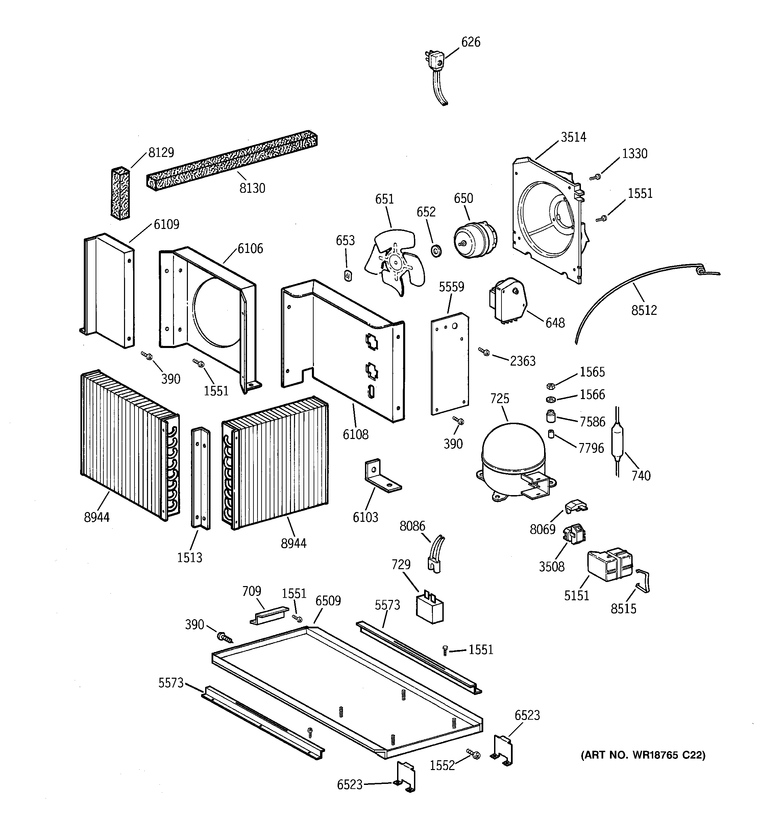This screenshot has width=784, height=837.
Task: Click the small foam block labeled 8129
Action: pyautogui.click(x=120, y=194)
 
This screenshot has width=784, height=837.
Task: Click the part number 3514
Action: pyautogui.click(x=573, y=137)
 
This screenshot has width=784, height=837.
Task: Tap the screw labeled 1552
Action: pyautogui.click(x=473, y=754)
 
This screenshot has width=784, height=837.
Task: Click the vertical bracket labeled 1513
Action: pyautogui.click(x=201, y=478)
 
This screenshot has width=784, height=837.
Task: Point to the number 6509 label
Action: pyautogui.click(x=328, y=601)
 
